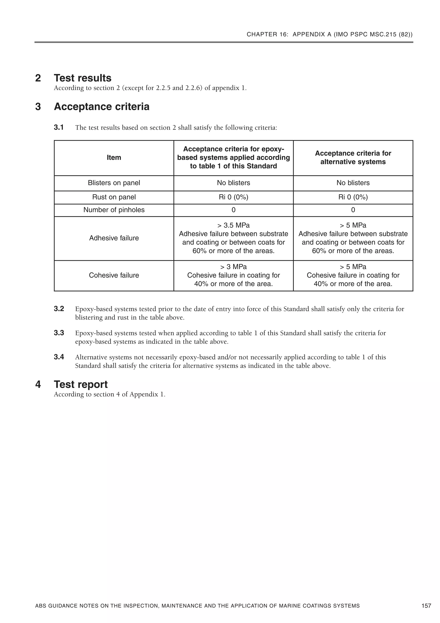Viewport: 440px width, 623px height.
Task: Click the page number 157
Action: coord(426,606)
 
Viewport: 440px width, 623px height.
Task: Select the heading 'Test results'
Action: coord(82,78)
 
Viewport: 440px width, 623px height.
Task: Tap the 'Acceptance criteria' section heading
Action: coord(101,107)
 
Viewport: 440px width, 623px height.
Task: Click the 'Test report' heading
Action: coord(81,384)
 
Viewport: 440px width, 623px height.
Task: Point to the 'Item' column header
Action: coord(114,158)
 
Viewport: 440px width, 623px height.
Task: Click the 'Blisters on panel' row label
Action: coord(114,183)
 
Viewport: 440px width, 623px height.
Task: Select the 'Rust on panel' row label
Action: coord(114,197)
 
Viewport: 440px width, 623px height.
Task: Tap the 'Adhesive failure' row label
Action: coord(114,238)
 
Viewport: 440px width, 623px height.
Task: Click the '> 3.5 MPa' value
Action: coord(233,225)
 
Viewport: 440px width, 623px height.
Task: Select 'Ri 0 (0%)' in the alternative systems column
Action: coord(353,197)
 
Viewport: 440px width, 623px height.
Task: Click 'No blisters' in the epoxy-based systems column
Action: coord(233,183)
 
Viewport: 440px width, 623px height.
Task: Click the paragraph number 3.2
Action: coord(59,309)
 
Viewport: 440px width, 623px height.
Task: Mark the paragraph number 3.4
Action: coord(59,357)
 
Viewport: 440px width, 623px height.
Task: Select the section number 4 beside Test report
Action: coord(38,384)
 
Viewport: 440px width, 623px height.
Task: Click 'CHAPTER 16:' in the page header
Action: coord(267,34)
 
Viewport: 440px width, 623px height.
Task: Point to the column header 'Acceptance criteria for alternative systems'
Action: coord(353,158)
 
